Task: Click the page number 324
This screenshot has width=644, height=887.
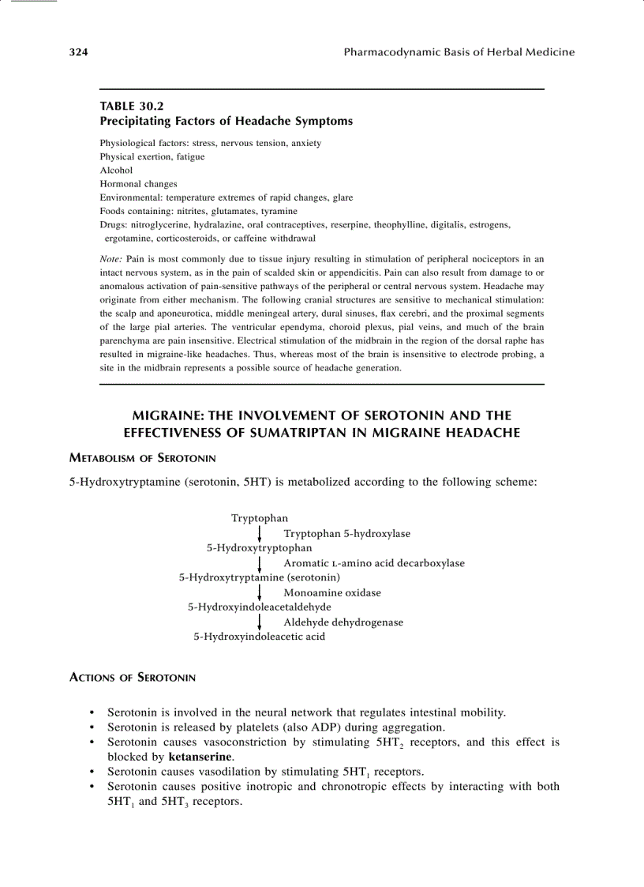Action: (x=77, y=52)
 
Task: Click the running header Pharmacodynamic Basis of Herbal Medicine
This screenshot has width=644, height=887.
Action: (x=459, y=52)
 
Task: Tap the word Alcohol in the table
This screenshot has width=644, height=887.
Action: (x=116, y=170)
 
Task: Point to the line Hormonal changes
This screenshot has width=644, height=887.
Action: (x=138, y=184)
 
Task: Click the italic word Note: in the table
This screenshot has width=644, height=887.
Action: (x=110, y=258)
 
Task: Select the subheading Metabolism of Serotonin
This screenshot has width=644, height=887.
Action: (x=143, y=458)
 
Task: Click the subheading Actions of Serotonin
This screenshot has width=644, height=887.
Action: (x=133, y=678)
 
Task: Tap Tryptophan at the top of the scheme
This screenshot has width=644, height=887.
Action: (x=260, y=518)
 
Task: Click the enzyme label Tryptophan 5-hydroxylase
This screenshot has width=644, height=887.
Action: (x=346, y=533)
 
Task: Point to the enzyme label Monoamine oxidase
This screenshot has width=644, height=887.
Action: (x=331, y=592)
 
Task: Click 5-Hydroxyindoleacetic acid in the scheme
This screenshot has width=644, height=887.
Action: (x=259, y=637)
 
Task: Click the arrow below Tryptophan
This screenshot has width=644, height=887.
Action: (x=260, y=533)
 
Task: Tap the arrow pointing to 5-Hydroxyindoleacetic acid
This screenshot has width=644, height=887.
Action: (x=260, y=622)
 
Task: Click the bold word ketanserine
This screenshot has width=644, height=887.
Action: (x=200, y=756)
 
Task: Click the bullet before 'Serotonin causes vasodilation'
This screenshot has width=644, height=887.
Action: (x=94, y=772)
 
